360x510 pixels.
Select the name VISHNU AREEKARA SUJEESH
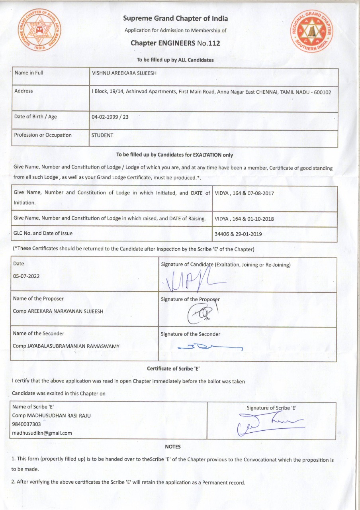tap(125, 73)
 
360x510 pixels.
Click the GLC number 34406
tap(221, 234)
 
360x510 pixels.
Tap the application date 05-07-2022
tap(26, 276)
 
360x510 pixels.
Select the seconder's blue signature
tap(209, 347)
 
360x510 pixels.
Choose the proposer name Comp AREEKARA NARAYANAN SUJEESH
tap(58, 311)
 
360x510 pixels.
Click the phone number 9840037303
tap(27, 424)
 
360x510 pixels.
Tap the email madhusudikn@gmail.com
tap(42, 433)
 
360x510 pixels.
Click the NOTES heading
tap(172, 447)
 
